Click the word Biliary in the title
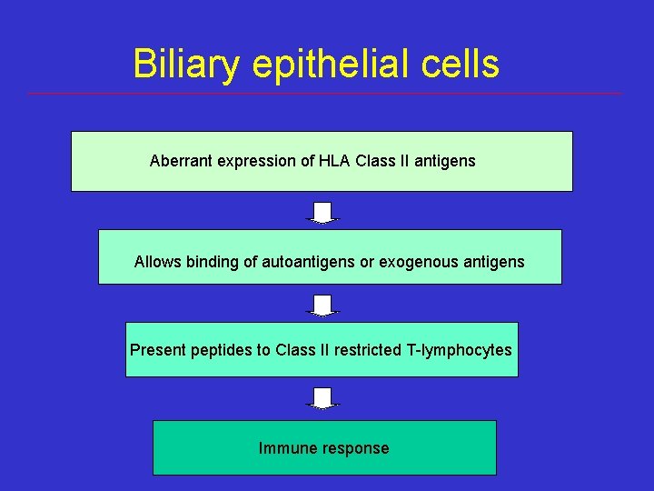(x=184, y=65)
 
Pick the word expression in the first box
(x=255, y=162)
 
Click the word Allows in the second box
(x=157, y=262)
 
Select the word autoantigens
(x=308, y=262)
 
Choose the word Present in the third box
(x=158, y=350)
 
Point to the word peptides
(x=222, y=351)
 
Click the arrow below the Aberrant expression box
(x=322, y=213)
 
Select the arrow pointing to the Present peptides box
(x=322, y=306)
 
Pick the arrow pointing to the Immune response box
(x=322, y=398)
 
